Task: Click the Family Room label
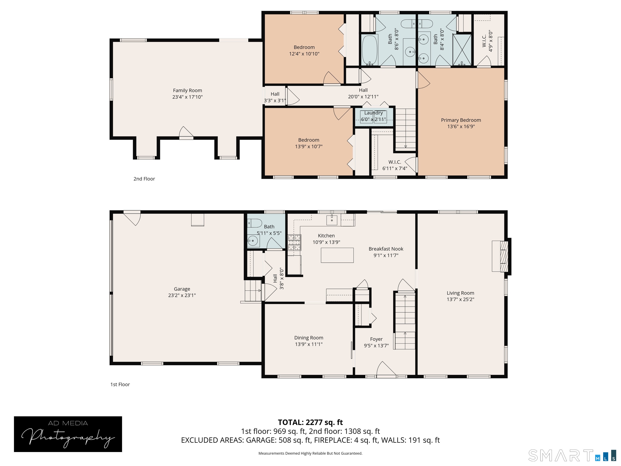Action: pos(187,90)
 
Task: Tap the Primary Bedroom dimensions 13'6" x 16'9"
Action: pos(461,127)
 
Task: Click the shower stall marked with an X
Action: pos(462,49)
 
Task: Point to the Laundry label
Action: pos(373,113)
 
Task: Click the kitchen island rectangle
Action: pos(337,255)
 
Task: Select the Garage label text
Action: pos(182,289)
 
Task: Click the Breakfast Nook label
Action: pos(386,249)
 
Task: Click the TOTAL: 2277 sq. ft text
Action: pos(310,422)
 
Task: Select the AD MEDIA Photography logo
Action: pos(68,434)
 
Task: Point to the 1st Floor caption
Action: pos(120,384)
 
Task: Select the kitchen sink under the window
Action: pos(332,220)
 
